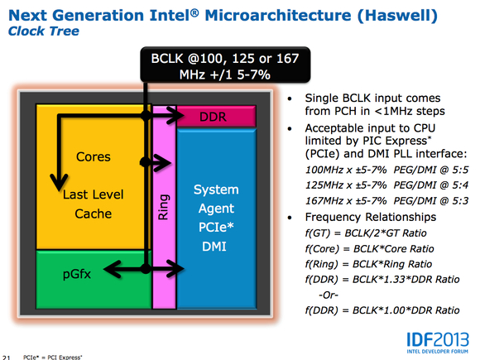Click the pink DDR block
[216, 116]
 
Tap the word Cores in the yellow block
[94, 156]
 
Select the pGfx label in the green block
[77, 274]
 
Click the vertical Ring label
[163, 207]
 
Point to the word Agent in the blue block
[216, 209]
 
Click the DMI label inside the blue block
[214, 246]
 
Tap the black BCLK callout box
[225, 65]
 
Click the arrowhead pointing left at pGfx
[112, 269]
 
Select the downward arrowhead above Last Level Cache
[59, 182]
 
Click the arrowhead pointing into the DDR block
[176, 115]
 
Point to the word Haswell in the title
[397, 16]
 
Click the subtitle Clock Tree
[44, 31]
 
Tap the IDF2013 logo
[438, 343]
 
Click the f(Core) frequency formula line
[369, 248]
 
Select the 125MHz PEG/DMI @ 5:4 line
[387, 185]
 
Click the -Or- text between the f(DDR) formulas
[329, 295]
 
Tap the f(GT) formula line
[366, 233]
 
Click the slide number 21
[7, 358]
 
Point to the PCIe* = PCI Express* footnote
[53, 358]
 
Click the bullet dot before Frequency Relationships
[290, 218]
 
